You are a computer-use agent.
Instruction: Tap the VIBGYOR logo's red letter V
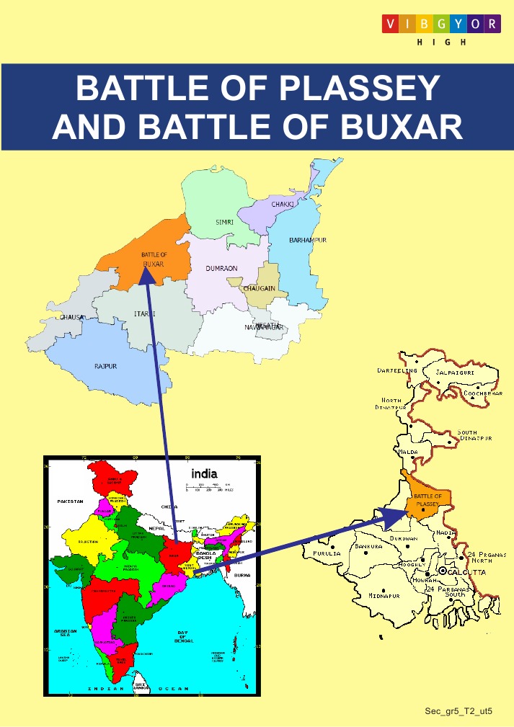389,24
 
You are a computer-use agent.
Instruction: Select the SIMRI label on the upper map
225,222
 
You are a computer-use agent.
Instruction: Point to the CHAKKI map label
283,205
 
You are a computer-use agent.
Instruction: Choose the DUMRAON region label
221,268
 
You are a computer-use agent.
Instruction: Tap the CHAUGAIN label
259,288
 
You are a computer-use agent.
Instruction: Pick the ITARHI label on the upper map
144,314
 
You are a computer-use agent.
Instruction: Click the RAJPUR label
105,366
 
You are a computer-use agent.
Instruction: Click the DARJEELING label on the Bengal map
397,370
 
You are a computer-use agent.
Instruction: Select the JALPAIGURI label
458,373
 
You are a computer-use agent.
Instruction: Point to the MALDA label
408,452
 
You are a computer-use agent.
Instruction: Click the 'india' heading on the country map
203,473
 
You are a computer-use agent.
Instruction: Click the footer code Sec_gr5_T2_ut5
458,711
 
